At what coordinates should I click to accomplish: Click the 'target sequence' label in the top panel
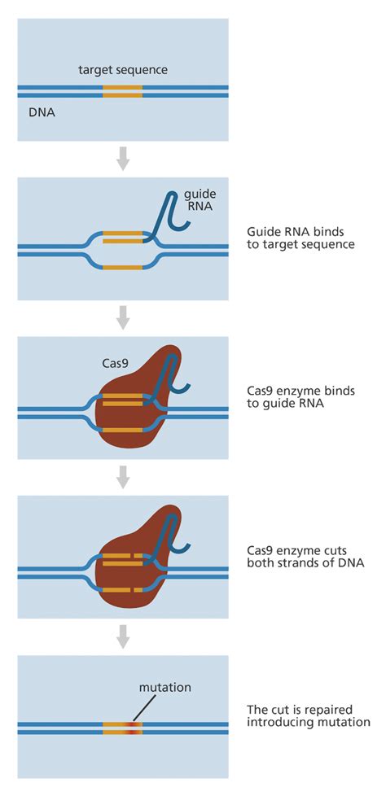click(122, 70)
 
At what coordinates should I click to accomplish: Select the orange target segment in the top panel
click(122, 91)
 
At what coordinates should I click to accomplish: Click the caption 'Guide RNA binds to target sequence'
click(300, 238)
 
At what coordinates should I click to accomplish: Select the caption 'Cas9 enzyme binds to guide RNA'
click(300, 397)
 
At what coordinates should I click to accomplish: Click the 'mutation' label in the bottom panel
click(164, 688)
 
